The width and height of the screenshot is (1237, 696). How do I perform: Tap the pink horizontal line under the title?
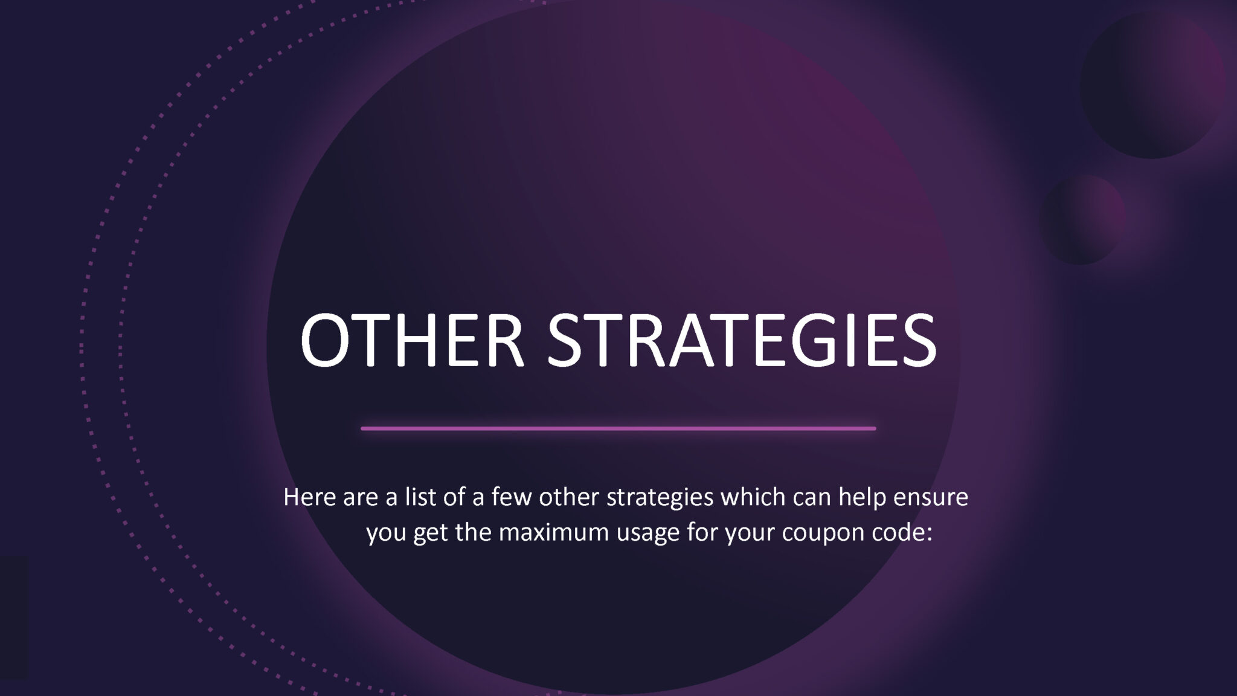(618, 428)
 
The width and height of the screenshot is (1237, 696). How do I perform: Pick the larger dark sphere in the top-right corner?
(1152, 86)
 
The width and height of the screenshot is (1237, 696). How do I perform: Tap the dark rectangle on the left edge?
(14, 617)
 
